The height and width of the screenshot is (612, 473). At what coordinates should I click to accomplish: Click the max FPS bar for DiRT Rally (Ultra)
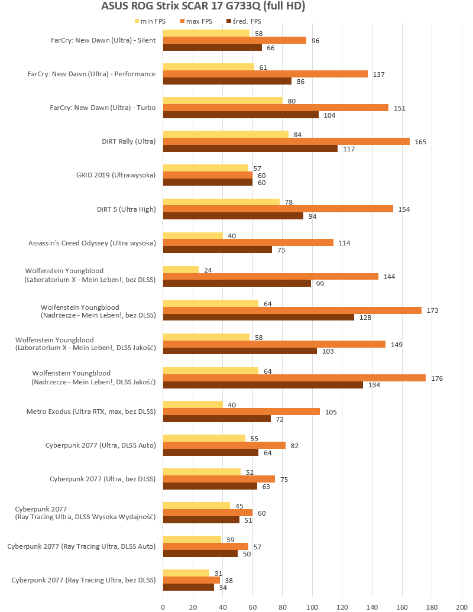pos(286,141)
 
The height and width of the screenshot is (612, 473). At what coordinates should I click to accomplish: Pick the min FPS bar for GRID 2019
pos(206,168)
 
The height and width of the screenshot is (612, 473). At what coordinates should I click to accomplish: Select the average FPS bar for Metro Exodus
pos(217,419)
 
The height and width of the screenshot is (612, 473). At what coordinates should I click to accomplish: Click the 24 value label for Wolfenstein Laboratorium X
pos(208,270)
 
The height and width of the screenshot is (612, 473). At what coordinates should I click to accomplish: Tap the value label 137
pos(379,74)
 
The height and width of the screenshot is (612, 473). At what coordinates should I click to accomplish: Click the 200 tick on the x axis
pos(462,605)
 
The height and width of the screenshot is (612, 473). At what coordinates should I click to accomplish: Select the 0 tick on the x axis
pos(163,605)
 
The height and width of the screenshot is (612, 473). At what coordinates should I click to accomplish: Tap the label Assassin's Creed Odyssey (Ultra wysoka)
pos(92,242)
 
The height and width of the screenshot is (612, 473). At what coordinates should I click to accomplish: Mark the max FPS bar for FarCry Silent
pos(235,40)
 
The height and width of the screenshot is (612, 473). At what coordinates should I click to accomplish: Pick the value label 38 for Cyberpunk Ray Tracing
pos(228,580)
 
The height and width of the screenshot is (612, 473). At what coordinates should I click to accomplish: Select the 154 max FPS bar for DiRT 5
pos(278,209)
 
